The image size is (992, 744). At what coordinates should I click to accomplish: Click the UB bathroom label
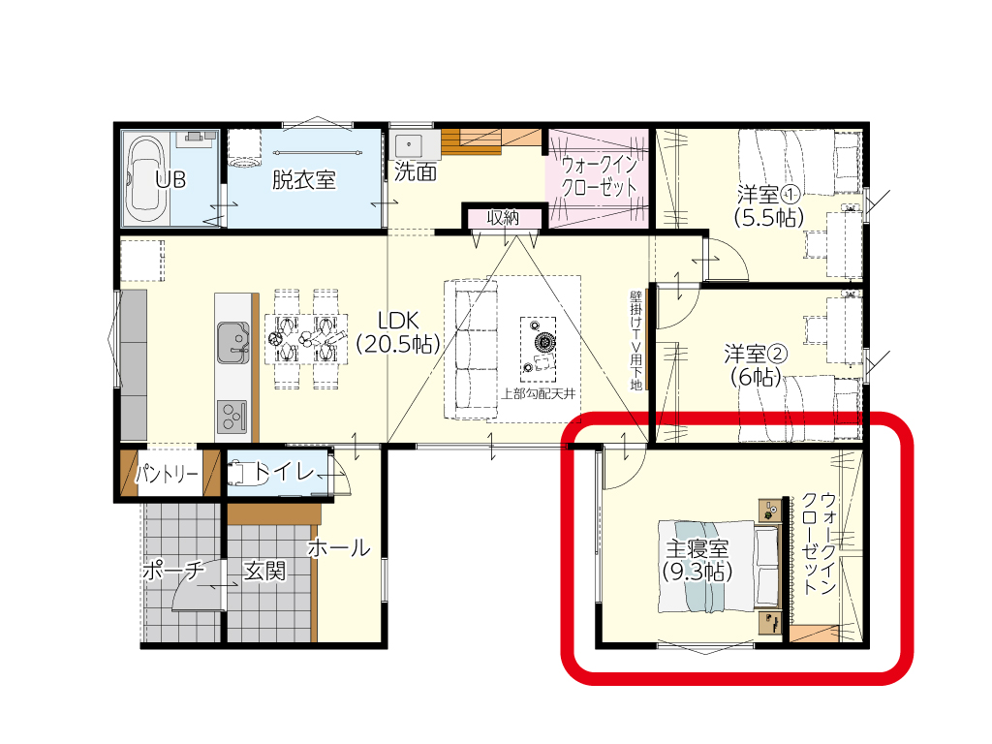[x=170, y=179]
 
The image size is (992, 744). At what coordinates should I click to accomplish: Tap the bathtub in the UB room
[x=148, y=180]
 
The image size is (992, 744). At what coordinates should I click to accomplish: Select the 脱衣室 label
[x=303, y=179]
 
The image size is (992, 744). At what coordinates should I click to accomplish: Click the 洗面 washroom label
[x=416, y=171]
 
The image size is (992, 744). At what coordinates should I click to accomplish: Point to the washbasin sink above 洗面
[x=410, y=145]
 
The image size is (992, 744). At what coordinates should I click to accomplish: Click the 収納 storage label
[x=503, y=218]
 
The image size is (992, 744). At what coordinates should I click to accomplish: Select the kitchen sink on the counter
[x=232, y=342]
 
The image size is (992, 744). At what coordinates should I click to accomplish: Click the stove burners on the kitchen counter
[x=232, y=417]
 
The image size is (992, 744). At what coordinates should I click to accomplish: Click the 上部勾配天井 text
[x=539, y=394]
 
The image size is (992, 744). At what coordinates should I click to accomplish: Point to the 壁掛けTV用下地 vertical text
[x=635, y=340]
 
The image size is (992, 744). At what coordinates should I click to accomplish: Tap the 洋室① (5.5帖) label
[x=768, y=205]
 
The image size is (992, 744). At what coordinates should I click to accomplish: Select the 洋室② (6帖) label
[x=756, y=365]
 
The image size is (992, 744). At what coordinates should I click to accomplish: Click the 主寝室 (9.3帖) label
[x=697, y=560]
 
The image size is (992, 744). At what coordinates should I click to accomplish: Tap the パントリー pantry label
[x=167, y=473]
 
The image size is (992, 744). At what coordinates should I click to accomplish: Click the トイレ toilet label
[x=284, y=472]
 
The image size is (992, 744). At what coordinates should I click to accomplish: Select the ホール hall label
[x=339, y=548]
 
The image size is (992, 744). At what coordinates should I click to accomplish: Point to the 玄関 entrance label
[x=265, y=572]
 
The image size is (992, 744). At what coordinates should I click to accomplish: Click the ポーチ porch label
[x=173, y=571]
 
